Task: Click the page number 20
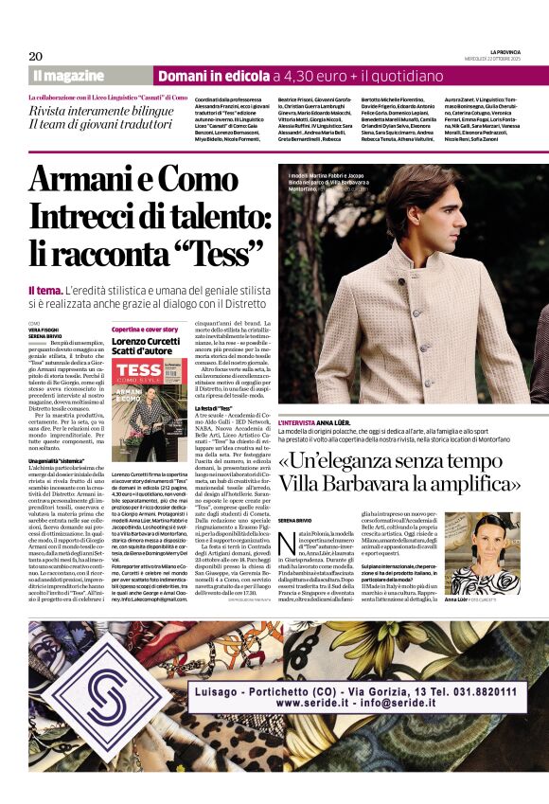point(36,56)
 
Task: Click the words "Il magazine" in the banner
point(67,76)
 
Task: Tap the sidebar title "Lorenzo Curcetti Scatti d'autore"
point(145,345)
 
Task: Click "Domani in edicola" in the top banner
point(213,76)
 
